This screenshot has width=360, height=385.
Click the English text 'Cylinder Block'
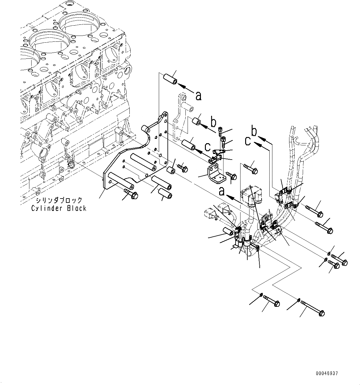pos(59,208)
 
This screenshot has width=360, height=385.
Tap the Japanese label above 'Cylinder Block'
pos(59,200)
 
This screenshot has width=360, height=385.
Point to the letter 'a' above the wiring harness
pos(222,192)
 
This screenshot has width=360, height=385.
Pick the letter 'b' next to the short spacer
pos(213,123)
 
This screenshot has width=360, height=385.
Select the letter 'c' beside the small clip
pos(208,146)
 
